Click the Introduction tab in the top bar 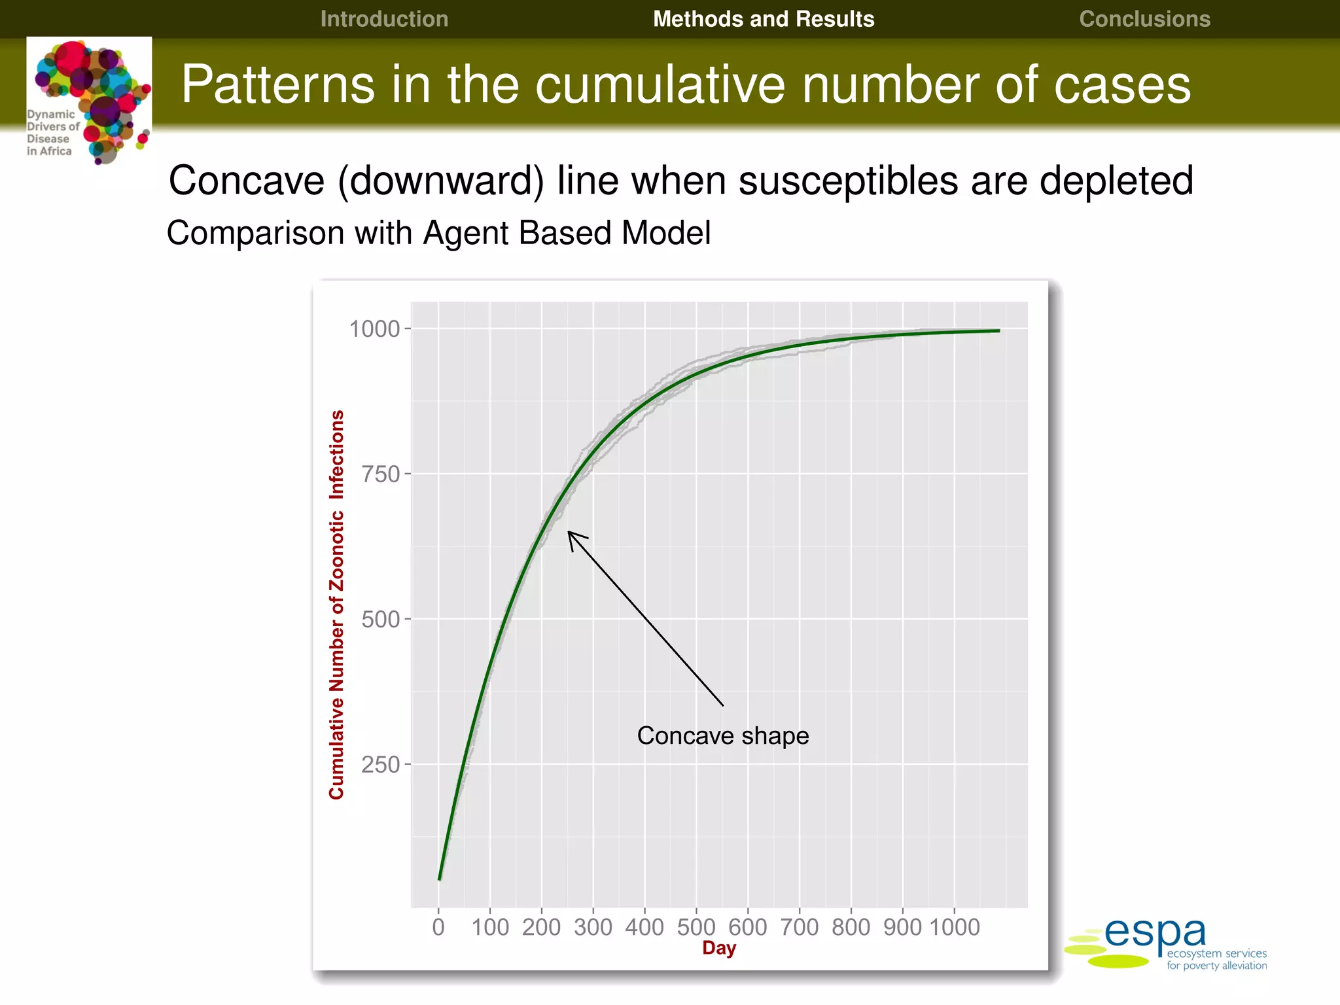[x=384, y=19]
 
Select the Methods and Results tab [x=764, y=19]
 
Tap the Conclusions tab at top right [x=1144, y=19]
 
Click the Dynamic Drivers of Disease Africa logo [x=89, y=100]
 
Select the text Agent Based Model [x=567, y=233]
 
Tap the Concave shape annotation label [x=723, y=736]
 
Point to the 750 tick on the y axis [x=381, y=474]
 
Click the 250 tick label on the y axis [x=381, y=764]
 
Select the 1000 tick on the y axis [x=374, y=329]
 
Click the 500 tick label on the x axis [x=696, y=927]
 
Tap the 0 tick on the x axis [x=438, y=927]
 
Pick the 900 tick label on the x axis [x=902, y=927]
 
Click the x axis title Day [x=718, y=948]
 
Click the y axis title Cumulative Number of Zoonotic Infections [x=336, y=605]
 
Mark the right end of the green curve [x=998, y=331]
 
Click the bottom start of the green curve [x=439, y=879]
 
